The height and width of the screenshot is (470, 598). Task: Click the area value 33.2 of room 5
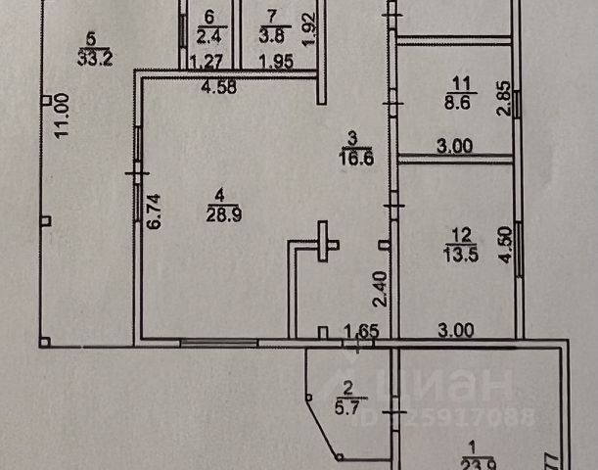pyautogui.click(x=91, y=56)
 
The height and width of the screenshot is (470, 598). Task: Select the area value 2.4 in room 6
pyautogui.click(x=207, y=37)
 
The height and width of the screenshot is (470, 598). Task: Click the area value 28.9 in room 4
pyautogui.click(x=221, y=212)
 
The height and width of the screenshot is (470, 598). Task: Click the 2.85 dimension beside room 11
pyautogui.click(x=503, y=100)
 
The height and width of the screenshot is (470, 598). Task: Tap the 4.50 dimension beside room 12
pyautogui.click(x=503, y=244)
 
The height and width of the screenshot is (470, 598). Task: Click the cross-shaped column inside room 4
pyautogui.click(x=324, y=243)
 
